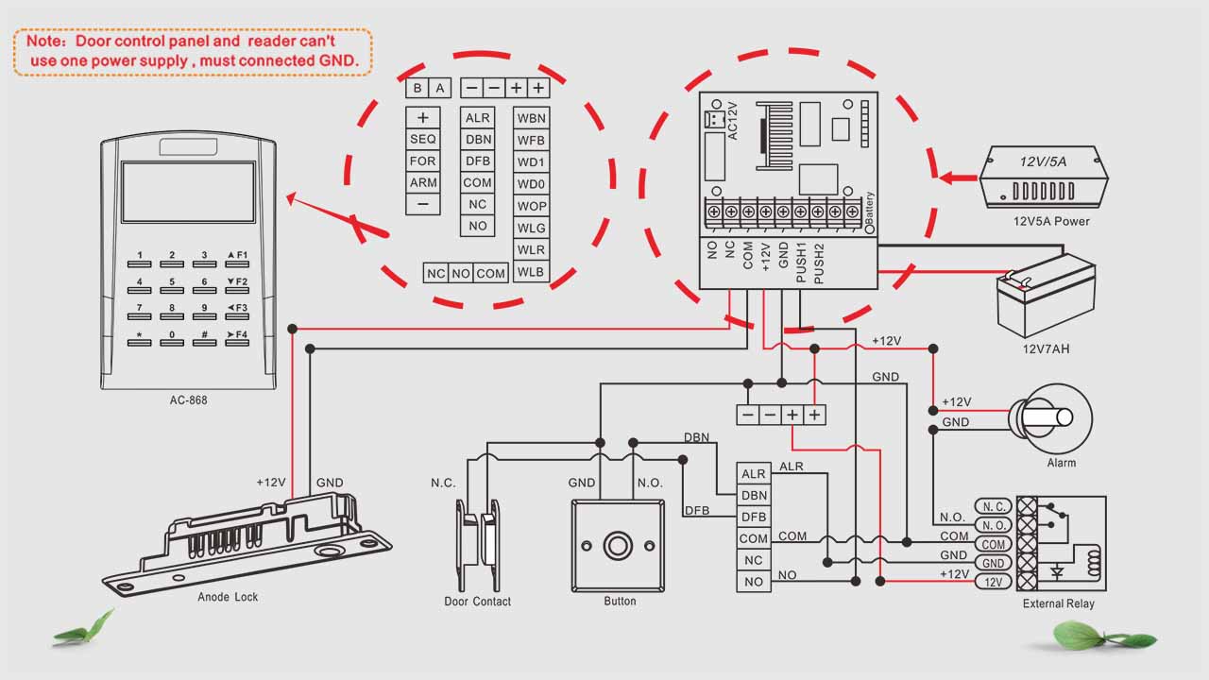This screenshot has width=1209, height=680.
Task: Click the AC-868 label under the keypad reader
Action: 188,400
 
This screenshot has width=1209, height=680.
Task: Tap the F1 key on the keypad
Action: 236,256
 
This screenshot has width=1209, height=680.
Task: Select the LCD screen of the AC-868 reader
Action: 188,192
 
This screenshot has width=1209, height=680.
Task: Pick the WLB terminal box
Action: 531,272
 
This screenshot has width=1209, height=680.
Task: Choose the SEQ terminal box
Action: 422,139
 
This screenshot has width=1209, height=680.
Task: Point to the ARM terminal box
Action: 422,183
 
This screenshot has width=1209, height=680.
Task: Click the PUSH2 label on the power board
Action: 819,263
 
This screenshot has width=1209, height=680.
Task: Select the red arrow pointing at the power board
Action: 957,177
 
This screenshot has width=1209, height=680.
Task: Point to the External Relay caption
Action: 1057,604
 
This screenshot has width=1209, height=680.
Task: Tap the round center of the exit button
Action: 619,547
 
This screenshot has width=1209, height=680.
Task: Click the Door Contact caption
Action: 477,602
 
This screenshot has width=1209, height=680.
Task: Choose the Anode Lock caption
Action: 228,597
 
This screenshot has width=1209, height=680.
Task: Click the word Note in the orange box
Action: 43,42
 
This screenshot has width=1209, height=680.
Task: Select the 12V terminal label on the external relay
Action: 994,582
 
